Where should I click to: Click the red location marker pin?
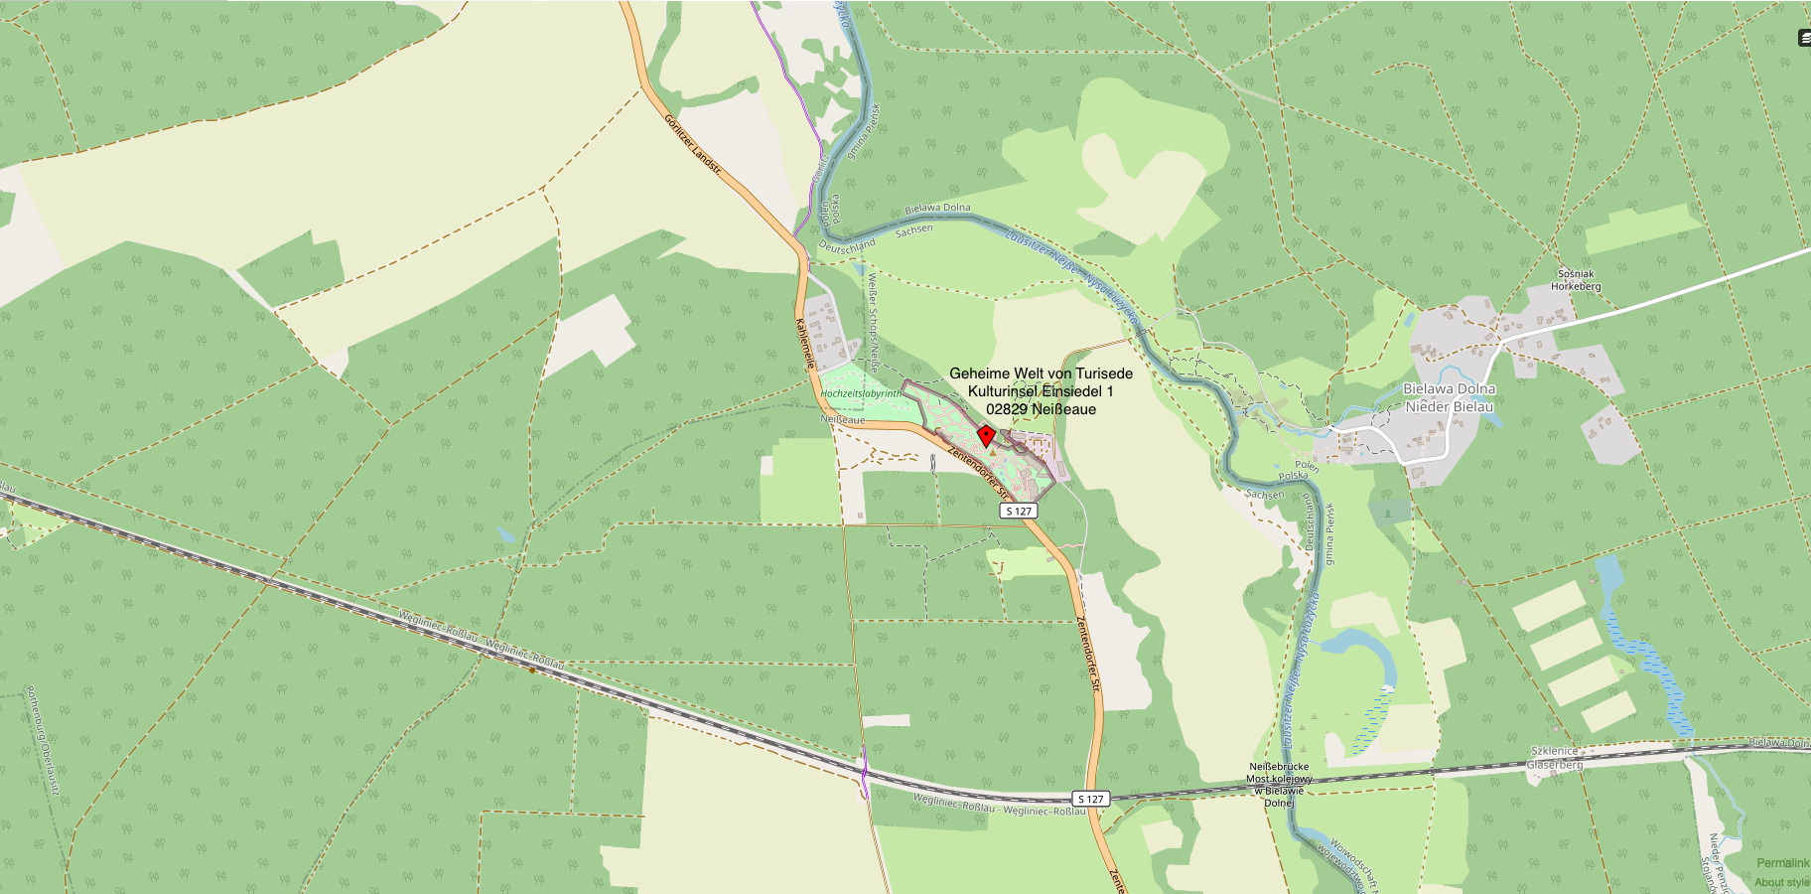pyautogui.click(x=986, y=435)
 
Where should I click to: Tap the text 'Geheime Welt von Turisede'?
pyautogui.click(x=1041, y=373)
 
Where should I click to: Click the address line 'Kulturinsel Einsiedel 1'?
pyautogui.click(x=1041, y=391)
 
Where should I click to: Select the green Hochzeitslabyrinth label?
pyautogui.click(x=861, y=393)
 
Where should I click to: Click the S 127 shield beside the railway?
pyautogui.click(x=1090, y=799)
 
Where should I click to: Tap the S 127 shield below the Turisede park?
pyautogui.click(x=1019, y=511)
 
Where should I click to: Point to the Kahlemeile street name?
pyautogui.click(x=805, y=344)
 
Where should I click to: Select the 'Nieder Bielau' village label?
pyautogui.click(x=1449, y=406)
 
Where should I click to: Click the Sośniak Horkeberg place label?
pyautogui.click(x=1576, y=280)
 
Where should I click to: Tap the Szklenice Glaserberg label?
pyautogui.click(x=1555, y=758)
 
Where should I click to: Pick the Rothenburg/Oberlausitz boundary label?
pyautogui.click(x=43, y=740)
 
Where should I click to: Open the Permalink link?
pyautogui.click(x=1782, y=863)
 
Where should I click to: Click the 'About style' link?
pyautogui.click(x=1781, y=882)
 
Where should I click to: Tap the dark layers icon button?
pyautogui.click(x=1804, y=38)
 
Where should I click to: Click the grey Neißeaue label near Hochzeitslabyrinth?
pyautogui.click(x=842, y=420)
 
